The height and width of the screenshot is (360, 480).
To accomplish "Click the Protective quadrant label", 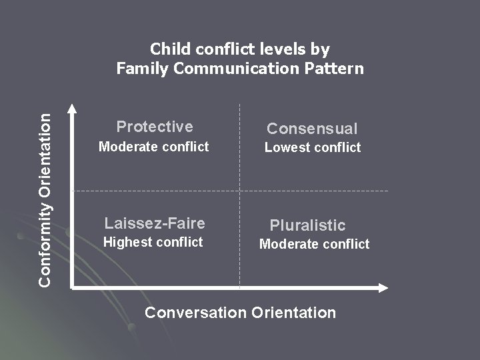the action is (x=155, y=127).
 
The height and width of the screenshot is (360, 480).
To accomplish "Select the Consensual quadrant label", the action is (x=312, y=129).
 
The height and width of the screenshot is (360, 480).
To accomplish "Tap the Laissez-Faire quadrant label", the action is (x=155, y=223).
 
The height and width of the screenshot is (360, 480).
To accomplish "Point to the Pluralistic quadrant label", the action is (x=307, y=225).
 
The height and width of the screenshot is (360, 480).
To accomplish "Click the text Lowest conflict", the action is (x=312, y=147).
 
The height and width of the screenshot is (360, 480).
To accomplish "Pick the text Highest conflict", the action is (x=153, y=242).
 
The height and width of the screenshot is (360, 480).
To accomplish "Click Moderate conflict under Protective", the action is (x=153, y=147).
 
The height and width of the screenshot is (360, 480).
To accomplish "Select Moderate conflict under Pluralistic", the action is (x=314, y=244).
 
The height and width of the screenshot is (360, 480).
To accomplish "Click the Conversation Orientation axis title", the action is (x=240, y=312).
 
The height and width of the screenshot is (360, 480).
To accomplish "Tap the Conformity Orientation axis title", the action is (x=45, y=199).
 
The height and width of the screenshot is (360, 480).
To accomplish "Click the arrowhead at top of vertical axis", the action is (x=73, y=107).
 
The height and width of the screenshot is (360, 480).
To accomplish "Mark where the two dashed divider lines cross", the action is (x=239, y=191).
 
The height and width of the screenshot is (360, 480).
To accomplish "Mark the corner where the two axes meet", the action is (x=73, y=287).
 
